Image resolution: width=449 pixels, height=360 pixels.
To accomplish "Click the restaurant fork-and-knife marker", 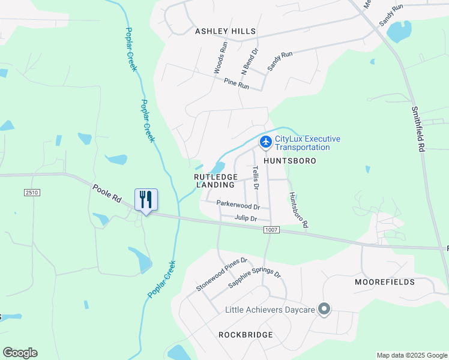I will tap(146, 199).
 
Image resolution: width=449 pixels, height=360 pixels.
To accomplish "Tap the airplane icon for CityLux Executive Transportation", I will tap(265, 142).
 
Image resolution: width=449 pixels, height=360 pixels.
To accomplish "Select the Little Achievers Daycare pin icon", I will tap(324, 310).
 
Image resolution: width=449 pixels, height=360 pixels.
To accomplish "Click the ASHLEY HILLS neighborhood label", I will tap(225, 31).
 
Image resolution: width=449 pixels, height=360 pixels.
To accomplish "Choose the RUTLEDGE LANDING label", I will tap(216, 181).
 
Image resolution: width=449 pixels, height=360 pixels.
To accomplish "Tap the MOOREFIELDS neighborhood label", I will tap(384, 282).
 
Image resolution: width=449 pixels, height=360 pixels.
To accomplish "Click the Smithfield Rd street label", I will tap(418, 128).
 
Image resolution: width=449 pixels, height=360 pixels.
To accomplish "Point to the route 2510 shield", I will tap(32, 191).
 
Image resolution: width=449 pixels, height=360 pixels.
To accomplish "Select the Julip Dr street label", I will tap(246, 218).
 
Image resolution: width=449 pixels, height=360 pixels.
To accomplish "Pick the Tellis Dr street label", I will tap(255, 178).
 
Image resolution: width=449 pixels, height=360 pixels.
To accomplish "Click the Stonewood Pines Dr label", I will tap(221, 275).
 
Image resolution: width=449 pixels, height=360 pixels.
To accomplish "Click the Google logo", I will tap(20, 353).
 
